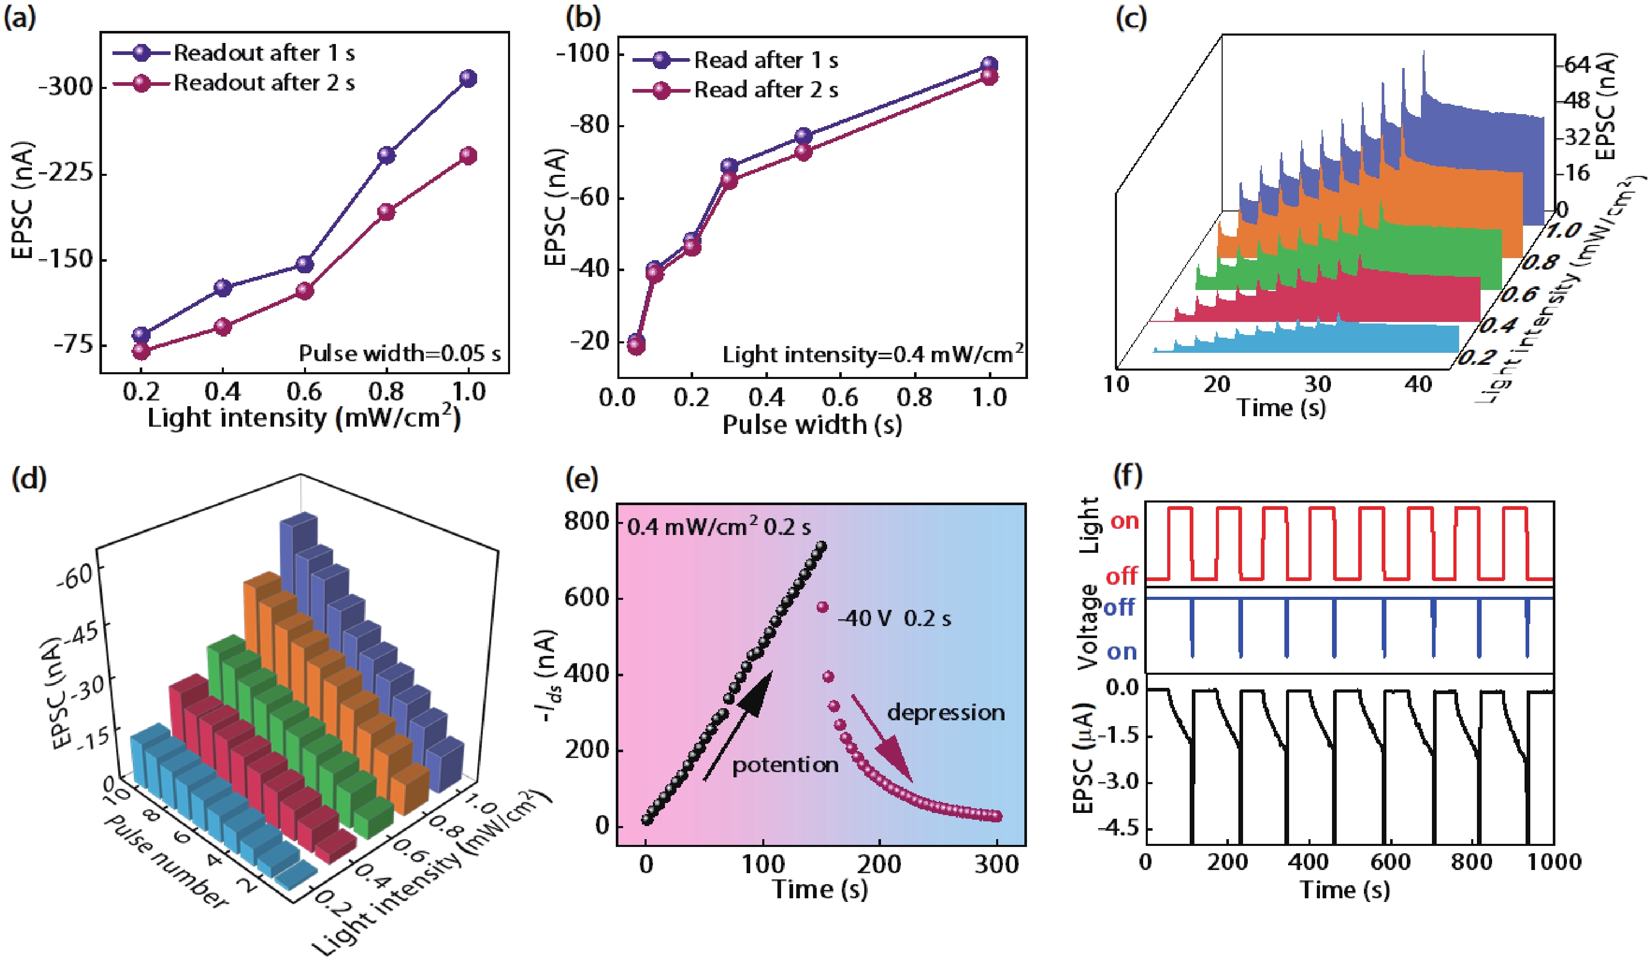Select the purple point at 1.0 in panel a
pos(468,79)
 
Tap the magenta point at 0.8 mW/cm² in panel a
pos(387,212)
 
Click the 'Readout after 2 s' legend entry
pos(264,83)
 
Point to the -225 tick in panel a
pos(65,173)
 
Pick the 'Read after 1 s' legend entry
pos(765,60)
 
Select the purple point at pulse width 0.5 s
pos(803,136)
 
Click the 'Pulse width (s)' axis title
pos(811,425)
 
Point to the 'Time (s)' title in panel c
pos(1281,408)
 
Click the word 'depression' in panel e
pos(946,712)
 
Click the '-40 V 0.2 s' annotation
pos(894,619)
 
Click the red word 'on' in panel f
pos(1125,521)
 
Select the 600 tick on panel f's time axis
pos(1390,862)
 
